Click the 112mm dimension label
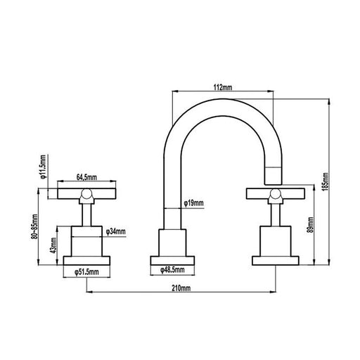pos(222,86)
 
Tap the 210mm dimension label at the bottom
pos(180,288)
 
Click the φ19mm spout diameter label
pos(193,202)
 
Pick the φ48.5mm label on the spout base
pos(171,269)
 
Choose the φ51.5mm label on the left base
pos(87,271)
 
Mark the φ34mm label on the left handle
pos(116,231)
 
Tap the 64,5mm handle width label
pos(86,179)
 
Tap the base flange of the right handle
pos(274,262)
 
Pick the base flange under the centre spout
pos(172,262)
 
